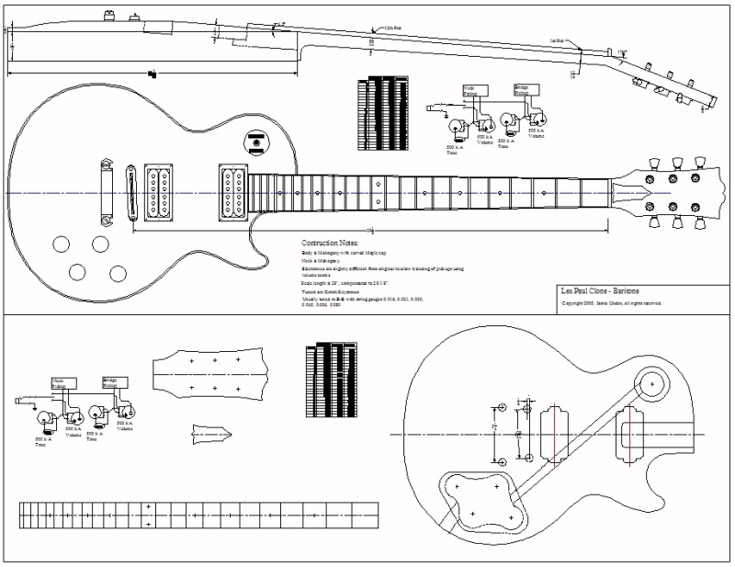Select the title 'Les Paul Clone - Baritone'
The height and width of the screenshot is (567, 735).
(x=600, y=291)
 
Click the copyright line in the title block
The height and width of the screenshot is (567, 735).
(x=612, y=303)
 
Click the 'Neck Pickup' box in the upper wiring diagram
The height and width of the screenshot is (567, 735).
(x=472, y=90)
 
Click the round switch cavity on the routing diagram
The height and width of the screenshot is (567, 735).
(x=651, y=382)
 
